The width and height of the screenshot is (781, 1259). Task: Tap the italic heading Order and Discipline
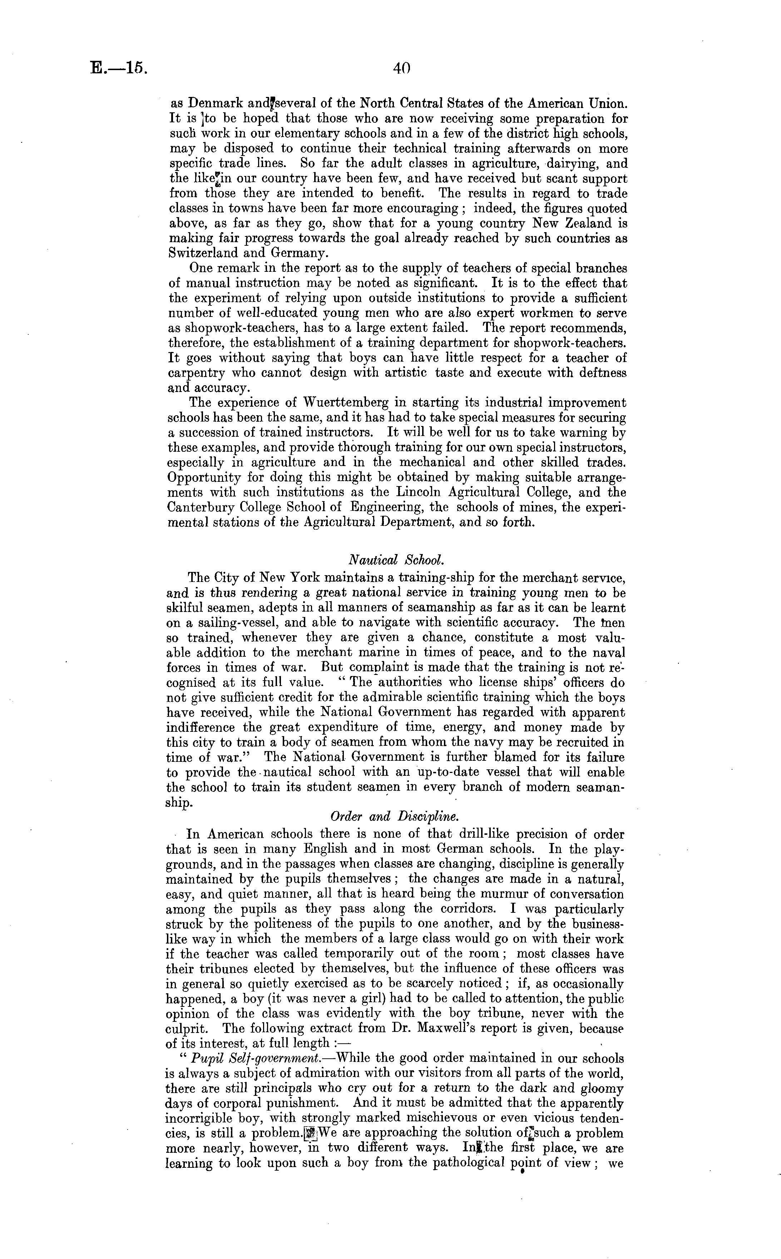coord(395,817)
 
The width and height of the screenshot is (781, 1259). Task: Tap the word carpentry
coord(197,373)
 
